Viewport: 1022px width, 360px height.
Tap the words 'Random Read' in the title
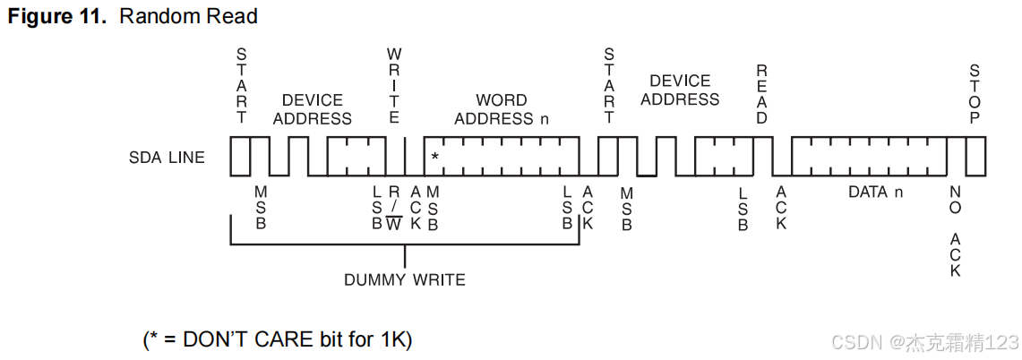(x=188, y=16)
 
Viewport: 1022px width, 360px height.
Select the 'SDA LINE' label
(x=167, y=158)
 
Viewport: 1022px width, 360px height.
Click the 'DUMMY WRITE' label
(x=405, y=279)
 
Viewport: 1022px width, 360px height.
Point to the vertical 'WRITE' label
(x=393, y=86)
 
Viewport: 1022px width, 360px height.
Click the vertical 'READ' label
(x=762, y=94)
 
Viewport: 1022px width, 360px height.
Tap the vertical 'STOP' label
(x=975, y=94)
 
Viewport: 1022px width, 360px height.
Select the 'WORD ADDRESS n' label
(x=501, y=109)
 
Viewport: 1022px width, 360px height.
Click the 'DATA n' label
(x=868, y=192)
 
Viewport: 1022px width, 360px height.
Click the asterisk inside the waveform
(x=434, y=158)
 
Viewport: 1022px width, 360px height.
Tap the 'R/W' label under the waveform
(x=394, y=209)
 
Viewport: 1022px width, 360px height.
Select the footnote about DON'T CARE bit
(x=277, y=339)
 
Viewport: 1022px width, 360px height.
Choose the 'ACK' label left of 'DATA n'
(x=781, y=209)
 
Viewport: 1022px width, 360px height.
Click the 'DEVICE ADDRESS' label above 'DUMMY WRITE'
(x=312, y=109)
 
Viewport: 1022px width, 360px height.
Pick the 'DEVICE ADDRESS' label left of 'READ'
(x=680, y=90)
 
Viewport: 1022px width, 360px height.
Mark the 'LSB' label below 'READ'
(x=743, y=209)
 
